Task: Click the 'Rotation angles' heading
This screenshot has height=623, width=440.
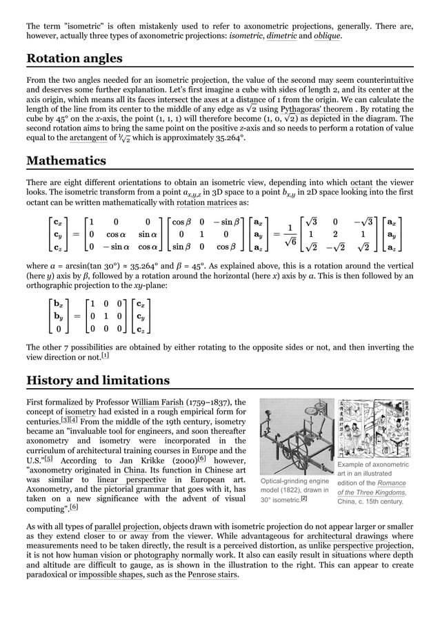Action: (74, 59)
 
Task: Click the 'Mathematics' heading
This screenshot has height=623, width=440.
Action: (66, 161)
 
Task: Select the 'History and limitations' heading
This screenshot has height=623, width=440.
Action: (97, 381)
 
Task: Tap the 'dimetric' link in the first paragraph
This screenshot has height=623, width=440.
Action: (281, 36)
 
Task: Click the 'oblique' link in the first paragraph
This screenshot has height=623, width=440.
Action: (328, 36)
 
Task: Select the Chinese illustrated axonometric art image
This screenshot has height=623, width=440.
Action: (374, 430)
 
